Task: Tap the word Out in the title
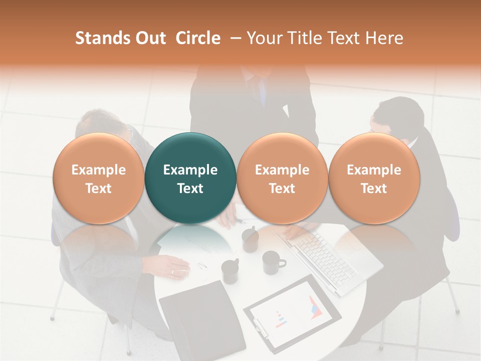pyautogui.click(x=149, y=38)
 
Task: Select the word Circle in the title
pyautogui.click(x=198, y=38)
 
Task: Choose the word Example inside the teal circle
pyautogui.click(x=190, y=170)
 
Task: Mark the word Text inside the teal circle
pyautogui.click(x=190, y=189)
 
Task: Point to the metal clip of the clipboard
pyautogui.click(x=260, y=325)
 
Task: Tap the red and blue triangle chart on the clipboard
pyautogui.click(x=315, y=306)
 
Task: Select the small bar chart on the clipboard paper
pyautogui.click(x=280, y=318)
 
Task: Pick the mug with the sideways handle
pyautogui.click(x=274, y=262)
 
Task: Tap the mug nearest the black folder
pyautogui.click(x=230, y=271)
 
